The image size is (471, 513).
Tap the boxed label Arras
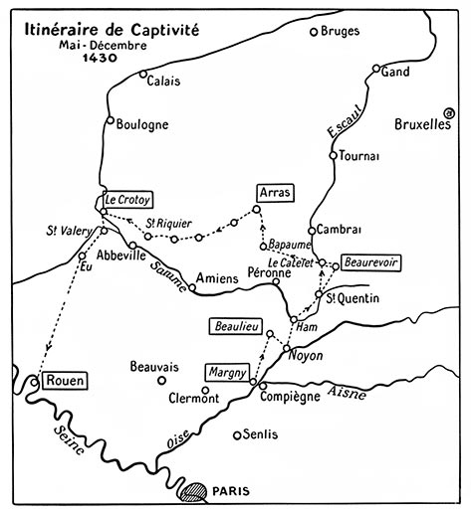point(273,190)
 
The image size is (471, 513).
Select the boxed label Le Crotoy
point(126,199)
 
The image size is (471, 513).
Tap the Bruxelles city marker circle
point(450,115)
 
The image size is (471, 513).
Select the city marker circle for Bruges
point(314,32)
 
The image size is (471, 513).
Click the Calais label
point(165,82)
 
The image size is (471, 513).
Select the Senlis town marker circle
point(236,434)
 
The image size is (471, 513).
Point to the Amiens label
point(216,279)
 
